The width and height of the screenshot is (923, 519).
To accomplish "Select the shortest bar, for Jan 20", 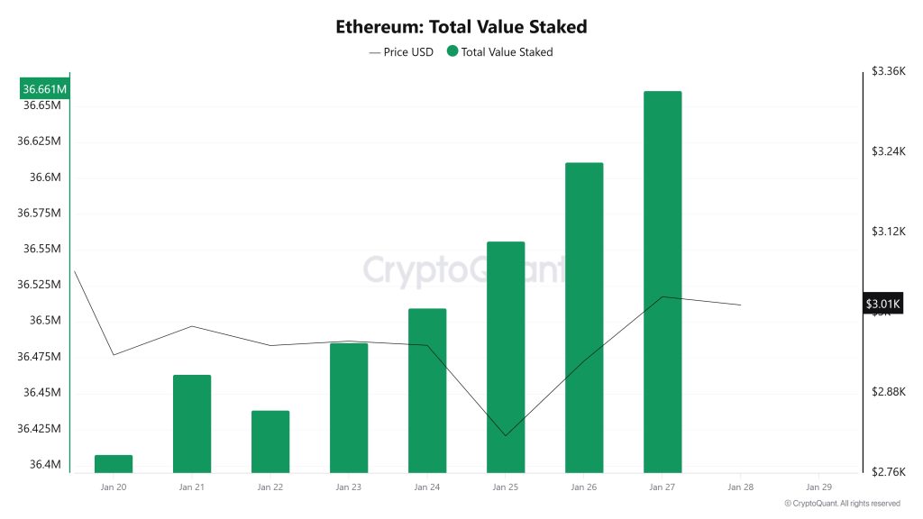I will [x=114, y=463].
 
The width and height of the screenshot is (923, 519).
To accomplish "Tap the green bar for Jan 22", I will [x=270, y=441].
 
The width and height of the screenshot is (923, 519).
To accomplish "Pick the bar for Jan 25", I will [x=505, y=356].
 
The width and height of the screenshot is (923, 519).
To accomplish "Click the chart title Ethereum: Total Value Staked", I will [x=461, y=26].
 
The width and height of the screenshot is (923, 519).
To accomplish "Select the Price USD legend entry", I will [x=401, y=52].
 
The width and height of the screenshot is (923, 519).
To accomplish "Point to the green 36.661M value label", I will [x=44, y=89].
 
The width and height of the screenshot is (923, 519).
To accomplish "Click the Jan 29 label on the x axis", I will [x=818, y=487].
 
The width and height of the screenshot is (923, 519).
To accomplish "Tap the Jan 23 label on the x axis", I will [x=348, y=487].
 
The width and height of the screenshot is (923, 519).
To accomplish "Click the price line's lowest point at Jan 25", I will [x=505, y=436].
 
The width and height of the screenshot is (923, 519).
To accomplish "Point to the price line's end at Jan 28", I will [x=740, y=305].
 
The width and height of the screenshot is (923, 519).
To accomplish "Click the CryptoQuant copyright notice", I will [x=842, y=504].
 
